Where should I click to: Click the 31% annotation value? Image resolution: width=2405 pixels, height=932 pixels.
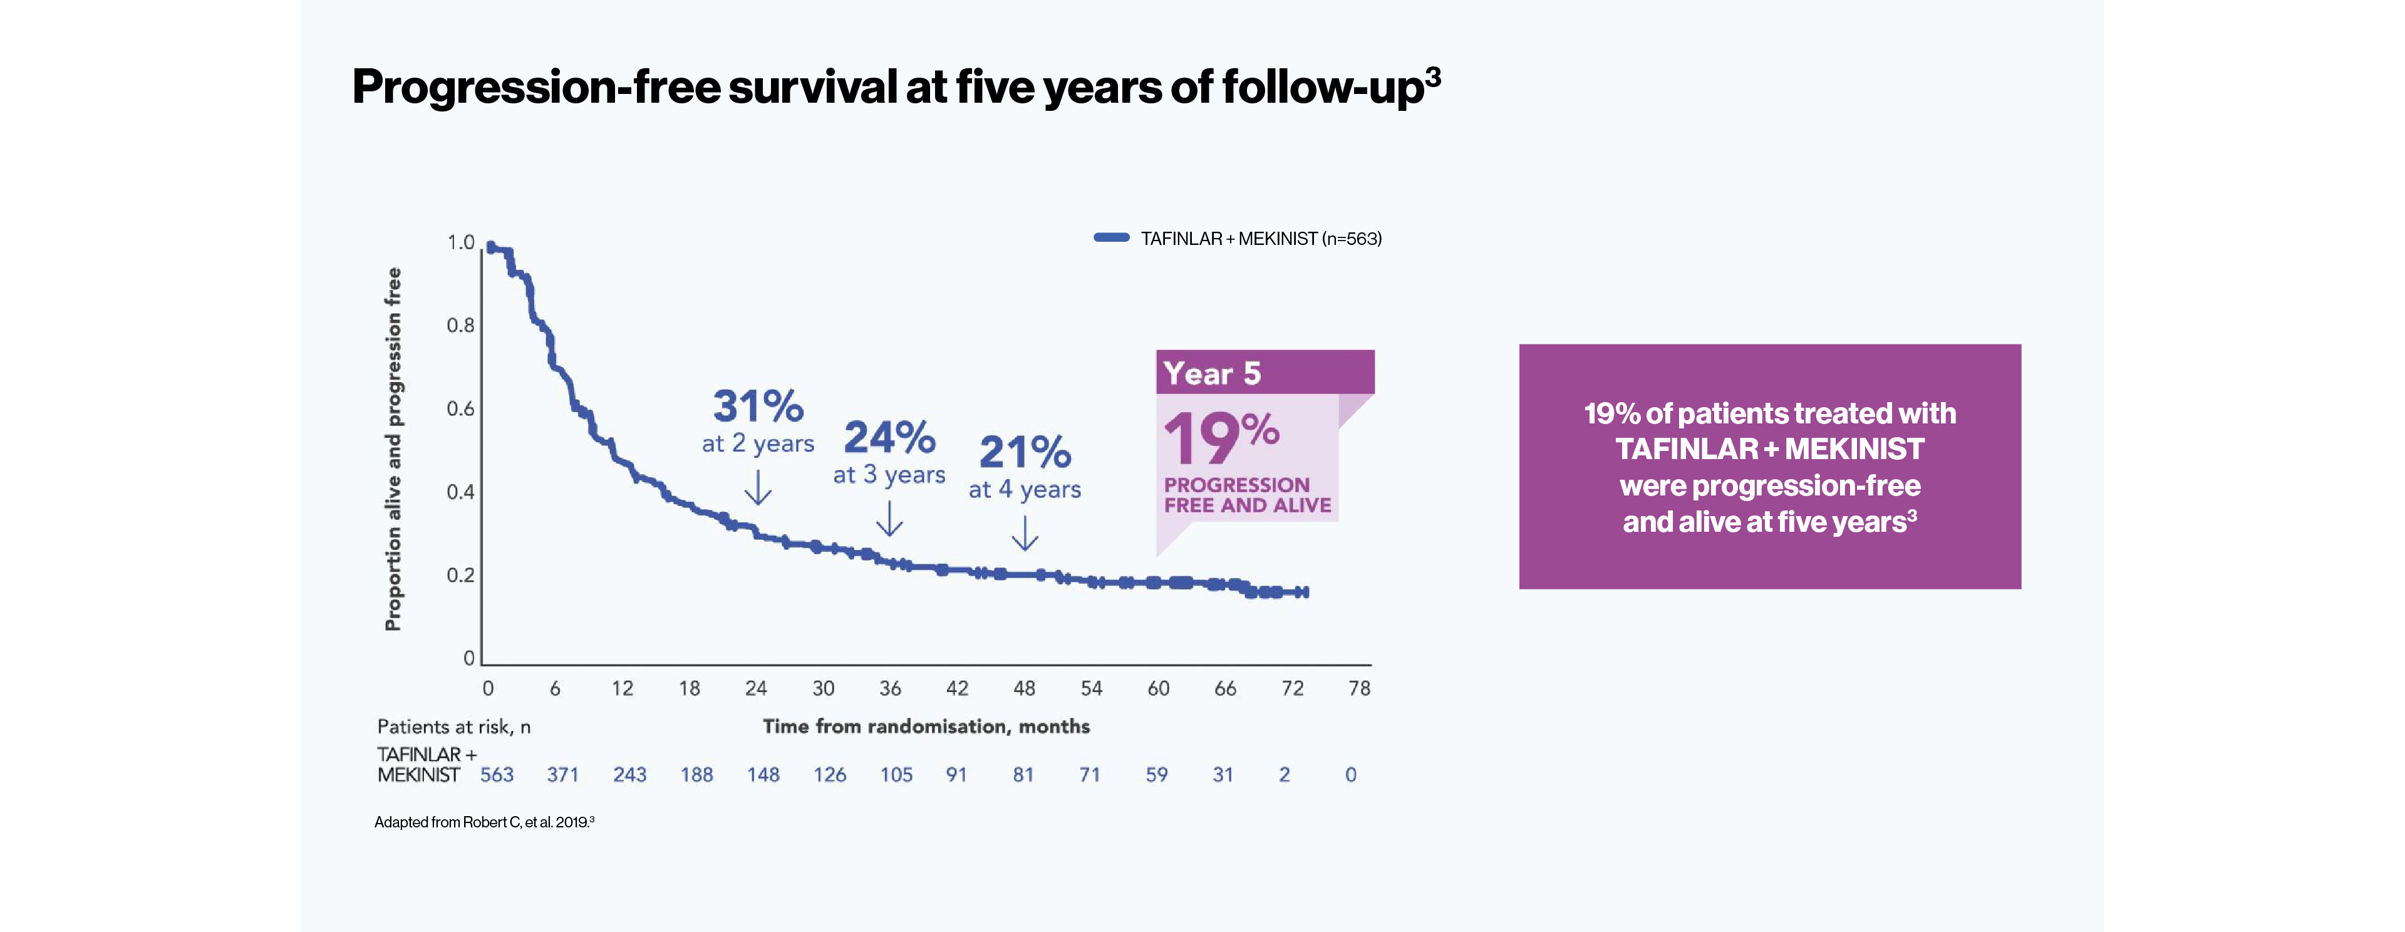pyautogui.click(x=757, y=406)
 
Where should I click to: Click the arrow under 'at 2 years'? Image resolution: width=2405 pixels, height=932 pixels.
pyautogui.click(x=758, y=487)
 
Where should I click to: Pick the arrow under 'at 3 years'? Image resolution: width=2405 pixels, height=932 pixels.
pyautogui.click(x=890, y=519)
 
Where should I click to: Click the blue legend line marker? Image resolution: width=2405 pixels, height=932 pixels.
pyautogui.click(x=1111, y=238)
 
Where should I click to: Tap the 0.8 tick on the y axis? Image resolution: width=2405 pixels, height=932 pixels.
pyautogui.click(x=460, y=325)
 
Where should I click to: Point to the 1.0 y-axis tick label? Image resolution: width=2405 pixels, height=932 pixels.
pyautogui.click(x=460, y=242)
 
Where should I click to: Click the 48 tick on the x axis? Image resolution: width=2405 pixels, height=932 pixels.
pyautogui.click(x=1024, y=688)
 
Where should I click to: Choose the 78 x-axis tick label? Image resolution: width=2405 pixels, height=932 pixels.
pyautogui.click(x=1359, y=688)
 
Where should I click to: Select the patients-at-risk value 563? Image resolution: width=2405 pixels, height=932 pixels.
pyautogui.click(x=497, y=774)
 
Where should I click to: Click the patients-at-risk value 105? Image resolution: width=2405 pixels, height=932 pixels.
pyautogui.click(x=896, y=774)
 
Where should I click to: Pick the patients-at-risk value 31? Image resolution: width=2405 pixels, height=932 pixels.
pyautogui.click(x=1223, y=774)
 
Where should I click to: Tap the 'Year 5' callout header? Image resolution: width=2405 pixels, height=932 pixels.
pyautogui.click(x=1212, y=373)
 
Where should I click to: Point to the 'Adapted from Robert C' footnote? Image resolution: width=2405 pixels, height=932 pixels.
pyautogui.click(x=484, y=822)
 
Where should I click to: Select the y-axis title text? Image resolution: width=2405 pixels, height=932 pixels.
pyautogui.click(x=393, y=449)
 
